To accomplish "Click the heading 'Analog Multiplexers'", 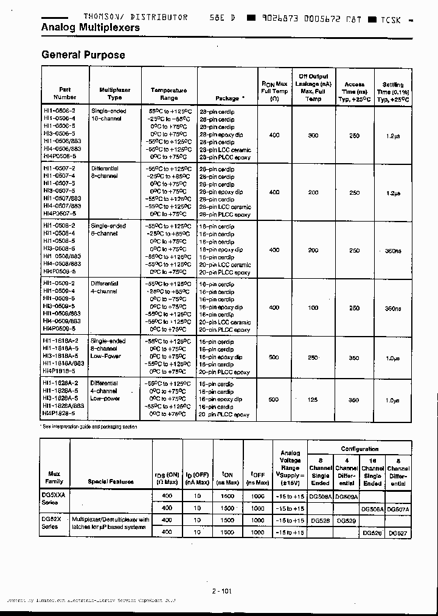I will (x=90, y=28).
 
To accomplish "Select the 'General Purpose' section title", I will (x=83, y=55).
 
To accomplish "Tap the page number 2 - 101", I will (x=222, y=590).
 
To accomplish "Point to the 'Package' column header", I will (x=230, y=98).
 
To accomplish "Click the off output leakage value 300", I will (x=313, y=135).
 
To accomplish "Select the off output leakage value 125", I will (x=313, y=400).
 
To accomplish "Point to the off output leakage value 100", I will (x=313, y=308).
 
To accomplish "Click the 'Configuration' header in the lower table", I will (x=360, y=449).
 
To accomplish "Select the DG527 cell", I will (x=397, y=533).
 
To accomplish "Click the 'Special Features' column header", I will (x=110, y=481).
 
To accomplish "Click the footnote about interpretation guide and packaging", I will (x=89, y=427).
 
